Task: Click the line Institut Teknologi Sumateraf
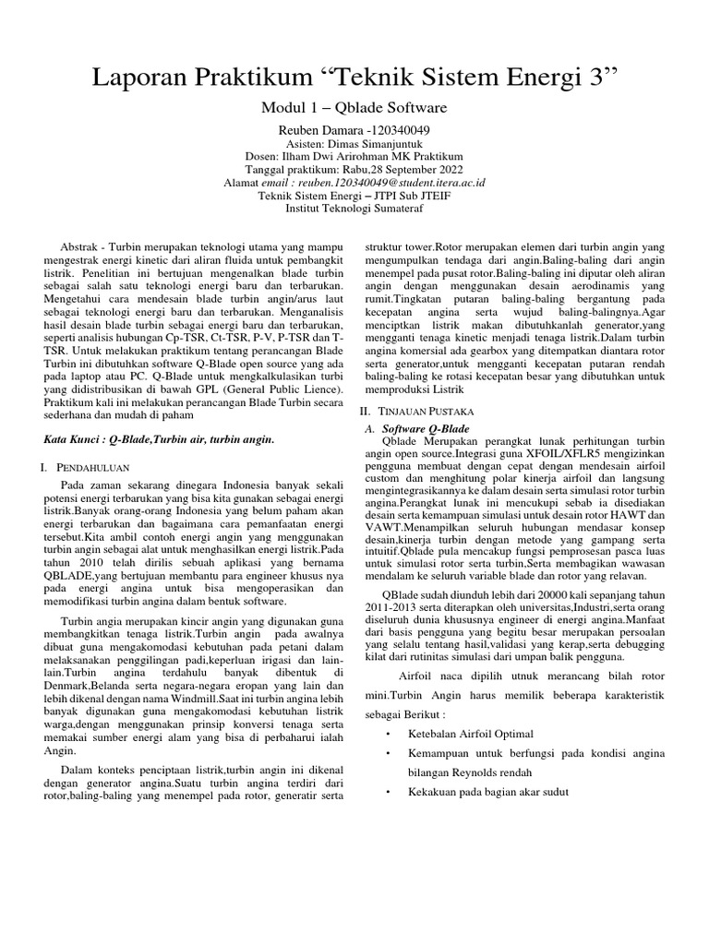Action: (355, 209)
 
